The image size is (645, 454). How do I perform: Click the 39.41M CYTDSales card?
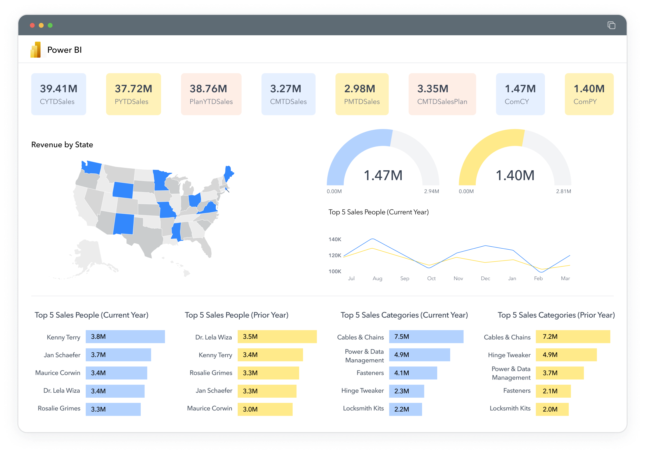(58, 94)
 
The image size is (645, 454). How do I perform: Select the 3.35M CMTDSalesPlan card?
(442, 94)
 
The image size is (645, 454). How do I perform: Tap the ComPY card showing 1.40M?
(589, 94)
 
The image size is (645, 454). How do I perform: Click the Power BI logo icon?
(36, 50)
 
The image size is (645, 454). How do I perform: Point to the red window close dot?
(32, 25)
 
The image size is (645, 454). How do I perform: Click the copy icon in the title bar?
(611, 25)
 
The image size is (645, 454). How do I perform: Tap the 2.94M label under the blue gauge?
(431, 191)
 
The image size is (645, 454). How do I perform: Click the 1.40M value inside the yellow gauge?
(515, 175)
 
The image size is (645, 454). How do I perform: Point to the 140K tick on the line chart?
(335, 239)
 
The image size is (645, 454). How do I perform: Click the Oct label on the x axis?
(431, 278)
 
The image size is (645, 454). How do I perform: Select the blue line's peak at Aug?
(372, 239)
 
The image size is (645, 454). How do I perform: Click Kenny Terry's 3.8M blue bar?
(125, 337)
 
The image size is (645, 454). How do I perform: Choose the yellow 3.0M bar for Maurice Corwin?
(265, 409)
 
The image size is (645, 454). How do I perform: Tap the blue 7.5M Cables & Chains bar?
(426, 337)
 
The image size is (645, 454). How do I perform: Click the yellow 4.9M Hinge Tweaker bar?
(566, 355)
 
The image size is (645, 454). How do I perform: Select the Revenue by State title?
(62, 145)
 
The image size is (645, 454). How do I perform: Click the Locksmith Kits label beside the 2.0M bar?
(510, 408)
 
